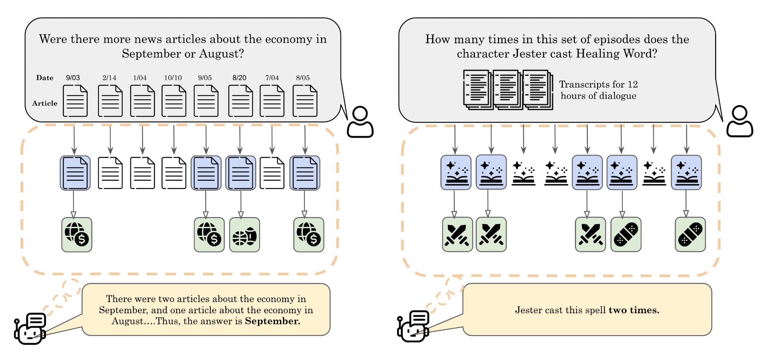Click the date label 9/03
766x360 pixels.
(x=73, y=78)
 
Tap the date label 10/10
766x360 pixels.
(x=173, y=78)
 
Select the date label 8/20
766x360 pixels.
(x=239, y=78)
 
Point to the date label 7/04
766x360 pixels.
(x=272, y=78)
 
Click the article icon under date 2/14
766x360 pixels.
(x=110, y=101)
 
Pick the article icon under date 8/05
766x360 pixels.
(x=305, y=101)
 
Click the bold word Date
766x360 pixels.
(x=45, y=78)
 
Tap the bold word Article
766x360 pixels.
(x=45, y=103)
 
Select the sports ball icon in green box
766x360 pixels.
(x=244, y=235)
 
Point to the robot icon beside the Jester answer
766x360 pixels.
(x=414, y=327)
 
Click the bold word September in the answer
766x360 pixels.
(x=272, y=321)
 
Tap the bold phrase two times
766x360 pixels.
(x=634, y=310)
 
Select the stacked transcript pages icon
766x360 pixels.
(x=507, y=90)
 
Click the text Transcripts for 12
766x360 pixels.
(x=598, y=84)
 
